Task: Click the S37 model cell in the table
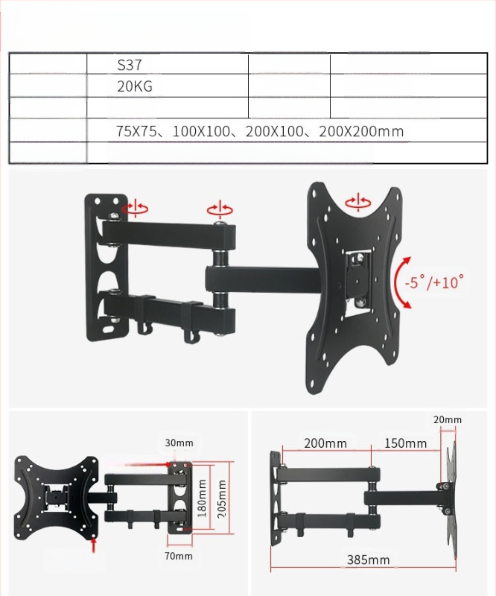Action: pyautogui.click(x=130, y=65)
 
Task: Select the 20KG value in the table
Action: pyautogui.click(x=135, y=86)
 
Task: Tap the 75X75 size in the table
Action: pyautogui.click(x=136, y=132)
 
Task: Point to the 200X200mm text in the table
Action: pyautogui.click(x=361, y=132)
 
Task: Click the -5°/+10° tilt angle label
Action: pyautogui.click(x=434, y=282)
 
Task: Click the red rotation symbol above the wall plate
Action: pyautogui.click(x=135, y=208)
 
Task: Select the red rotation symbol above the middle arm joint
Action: pyautogui.click(x=220, y=209)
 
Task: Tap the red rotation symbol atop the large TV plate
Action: pyautogui.click(x=358, y=201)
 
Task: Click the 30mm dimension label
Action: pyautogui.click(x=179, y=443)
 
